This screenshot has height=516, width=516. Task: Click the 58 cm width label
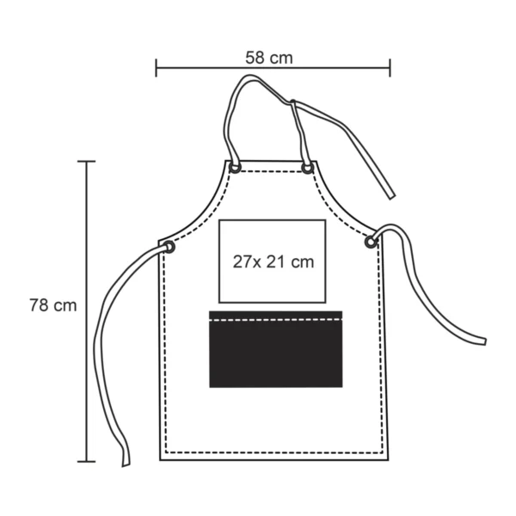point(268,58)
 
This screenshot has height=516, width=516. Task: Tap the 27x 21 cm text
point(273,261)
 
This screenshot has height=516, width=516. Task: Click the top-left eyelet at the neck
point(235,167)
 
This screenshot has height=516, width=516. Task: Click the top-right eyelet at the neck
point(307,168)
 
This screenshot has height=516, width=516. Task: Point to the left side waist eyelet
point(169,247)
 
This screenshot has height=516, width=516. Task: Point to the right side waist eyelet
point(371,243)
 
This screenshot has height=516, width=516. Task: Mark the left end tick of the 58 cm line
point(157,67)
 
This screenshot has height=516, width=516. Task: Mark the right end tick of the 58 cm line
point(390,67)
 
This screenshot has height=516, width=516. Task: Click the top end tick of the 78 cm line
point(86,161)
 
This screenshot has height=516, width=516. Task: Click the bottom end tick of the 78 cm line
point(86,462)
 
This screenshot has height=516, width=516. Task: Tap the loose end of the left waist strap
point(126,462)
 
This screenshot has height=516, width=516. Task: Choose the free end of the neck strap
point(390,195)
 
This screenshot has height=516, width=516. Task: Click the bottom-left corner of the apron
point(161,459)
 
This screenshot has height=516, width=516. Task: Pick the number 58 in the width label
point(255,58)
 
